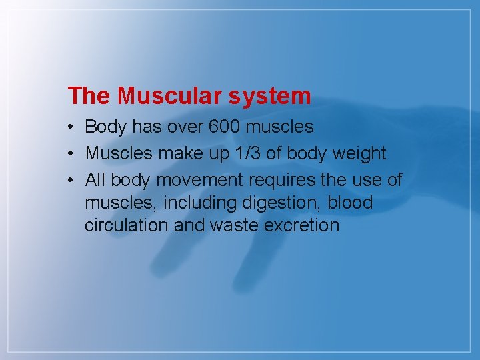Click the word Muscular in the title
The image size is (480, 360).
pos(170,96)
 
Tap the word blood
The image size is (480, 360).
pos(350,202)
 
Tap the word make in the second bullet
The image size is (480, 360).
pos(175,153)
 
